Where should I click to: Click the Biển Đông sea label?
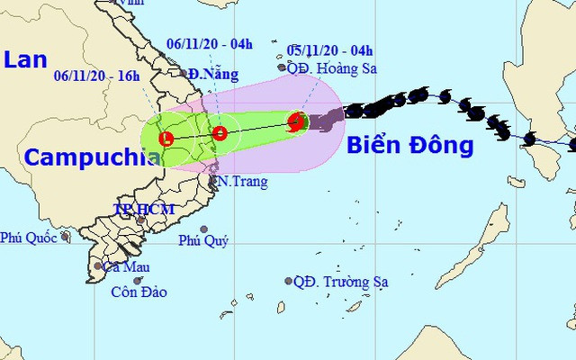[x=409, y=144]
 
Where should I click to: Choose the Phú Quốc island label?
[x=29, y=238]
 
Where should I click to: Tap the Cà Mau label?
[x=126, y=266]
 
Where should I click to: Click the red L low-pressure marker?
[x=166, y=139]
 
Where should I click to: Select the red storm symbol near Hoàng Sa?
[x=295, y=123]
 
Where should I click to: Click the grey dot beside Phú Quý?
[x=204, y=229]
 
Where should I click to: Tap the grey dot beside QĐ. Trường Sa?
[x=287, y=281]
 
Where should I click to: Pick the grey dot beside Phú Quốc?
[x=66, y=238]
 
